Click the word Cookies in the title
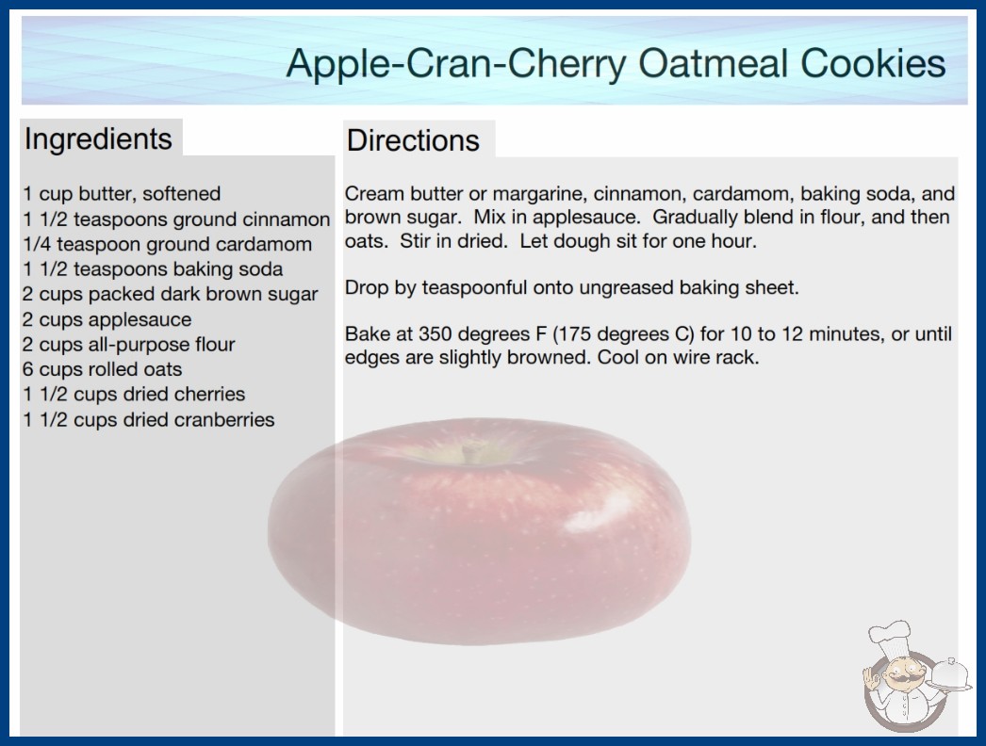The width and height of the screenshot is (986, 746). click(873, 63)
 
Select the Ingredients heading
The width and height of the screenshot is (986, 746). click(98, 139)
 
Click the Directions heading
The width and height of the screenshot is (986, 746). click(413, 140)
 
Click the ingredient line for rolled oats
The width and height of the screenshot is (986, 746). click(103, 369)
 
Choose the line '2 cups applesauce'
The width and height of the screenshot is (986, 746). click(107, 319)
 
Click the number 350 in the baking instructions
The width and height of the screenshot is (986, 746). click(435, 333)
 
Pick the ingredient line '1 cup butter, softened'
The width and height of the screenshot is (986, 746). click(122, 194)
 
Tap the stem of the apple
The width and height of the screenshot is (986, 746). click(468, 452)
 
